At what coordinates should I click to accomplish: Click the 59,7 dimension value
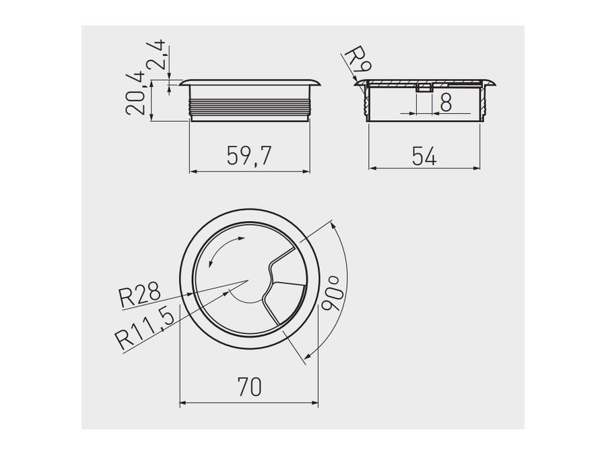pyautogui.click(x=249, y=156)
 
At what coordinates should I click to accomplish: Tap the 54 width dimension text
pyautogui.click(x=424, y=156)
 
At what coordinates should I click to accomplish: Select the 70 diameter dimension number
pyautogui.click(x=250, y=386)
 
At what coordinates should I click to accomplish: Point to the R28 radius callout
pyautogui.click(x=140, y=294)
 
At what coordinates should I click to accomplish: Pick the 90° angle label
pyautogui.click(x=331, y=294)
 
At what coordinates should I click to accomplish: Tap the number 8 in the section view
pyautogui.click(x=446, y=102)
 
